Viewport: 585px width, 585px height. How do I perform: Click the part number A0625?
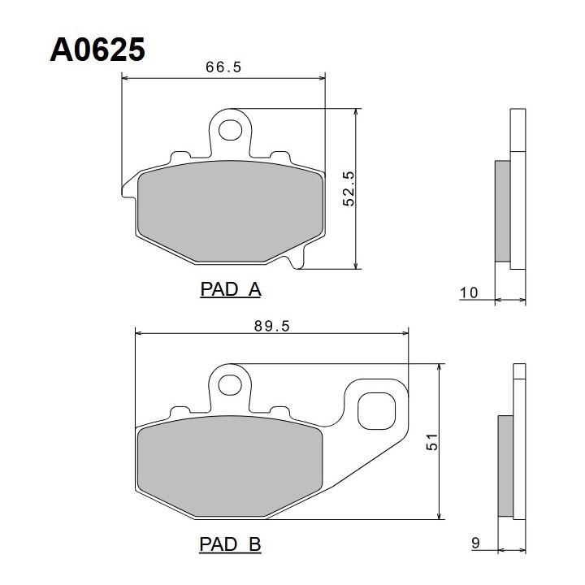tap(97, 50)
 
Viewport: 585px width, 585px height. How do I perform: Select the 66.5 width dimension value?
tap(223, 67)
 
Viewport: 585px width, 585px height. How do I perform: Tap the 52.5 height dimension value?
tap(349, 188)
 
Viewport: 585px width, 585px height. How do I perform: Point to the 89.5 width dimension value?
tap(272, 326)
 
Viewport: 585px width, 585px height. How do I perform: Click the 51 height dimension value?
tap(432, 442)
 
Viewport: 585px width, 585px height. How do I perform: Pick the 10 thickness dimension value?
tap(469, 292)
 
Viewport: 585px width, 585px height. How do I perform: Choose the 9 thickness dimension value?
tap(475, 543)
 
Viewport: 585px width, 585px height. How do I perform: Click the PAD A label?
tap(231, 289)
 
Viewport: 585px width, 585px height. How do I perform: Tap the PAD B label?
tap(230, 544)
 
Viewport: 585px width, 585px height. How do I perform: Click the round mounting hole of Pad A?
tap(230, 130)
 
